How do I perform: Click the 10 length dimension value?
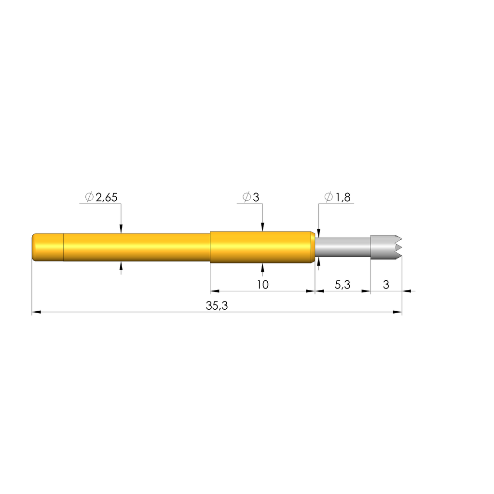coord(263,285)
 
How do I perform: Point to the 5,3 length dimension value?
coord(343,285)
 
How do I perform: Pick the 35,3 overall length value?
coord(217,305)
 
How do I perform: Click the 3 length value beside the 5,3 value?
coord(386,285)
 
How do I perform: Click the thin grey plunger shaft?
coord(343,247)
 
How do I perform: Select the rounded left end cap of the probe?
coord(48,247)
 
